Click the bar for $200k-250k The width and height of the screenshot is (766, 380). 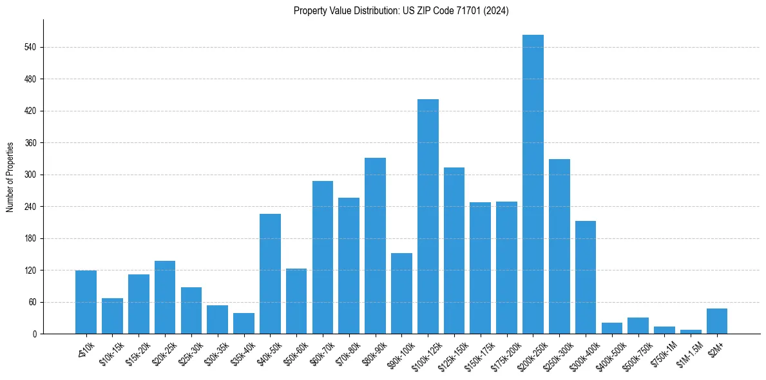(x=533, y=184)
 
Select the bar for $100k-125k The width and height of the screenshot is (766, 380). (x=428, y=216)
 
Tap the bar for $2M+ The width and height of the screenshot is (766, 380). (x=717, y=321)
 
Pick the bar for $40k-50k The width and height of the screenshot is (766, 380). (x=270, y=274)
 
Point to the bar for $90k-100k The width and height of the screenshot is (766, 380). (x=401, y=294)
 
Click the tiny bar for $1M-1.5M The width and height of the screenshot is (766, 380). (x=691, y=332)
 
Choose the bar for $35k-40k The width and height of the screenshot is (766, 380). (x=244, y=324)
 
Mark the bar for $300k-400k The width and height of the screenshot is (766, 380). (x=586, y=278)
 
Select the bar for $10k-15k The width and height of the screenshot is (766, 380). (x=112, y=316)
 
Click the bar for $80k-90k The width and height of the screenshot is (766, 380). (x=375, y=246)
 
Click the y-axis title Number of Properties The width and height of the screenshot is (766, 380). (x=10, y=176)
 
